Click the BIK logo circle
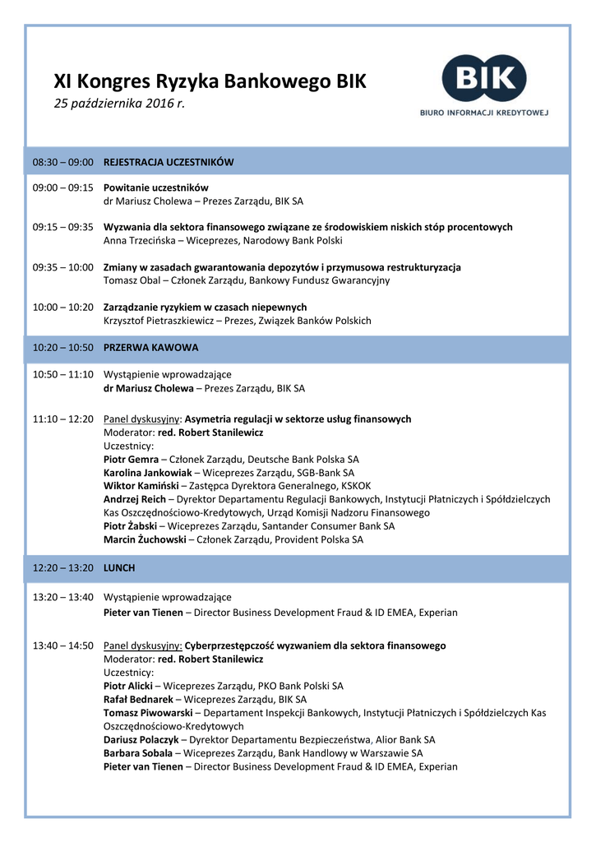(484, 79)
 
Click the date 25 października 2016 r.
(119, 104)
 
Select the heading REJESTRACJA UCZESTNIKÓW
(169, 162)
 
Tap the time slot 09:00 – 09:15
(62, 187)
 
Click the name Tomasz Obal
(132, 280)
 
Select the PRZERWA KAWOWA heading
(150, 348)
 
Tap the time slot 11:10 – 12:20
(62, 419)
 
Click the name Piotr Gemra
(130, 460)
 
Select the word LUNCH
(119, 568)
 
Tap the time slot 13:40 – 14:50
(62, 646)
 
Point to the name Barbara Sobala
(137, 753)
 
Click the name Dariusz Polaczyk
(141, 740)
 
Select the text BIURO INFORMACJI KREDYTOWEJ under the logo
(484, 112)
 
